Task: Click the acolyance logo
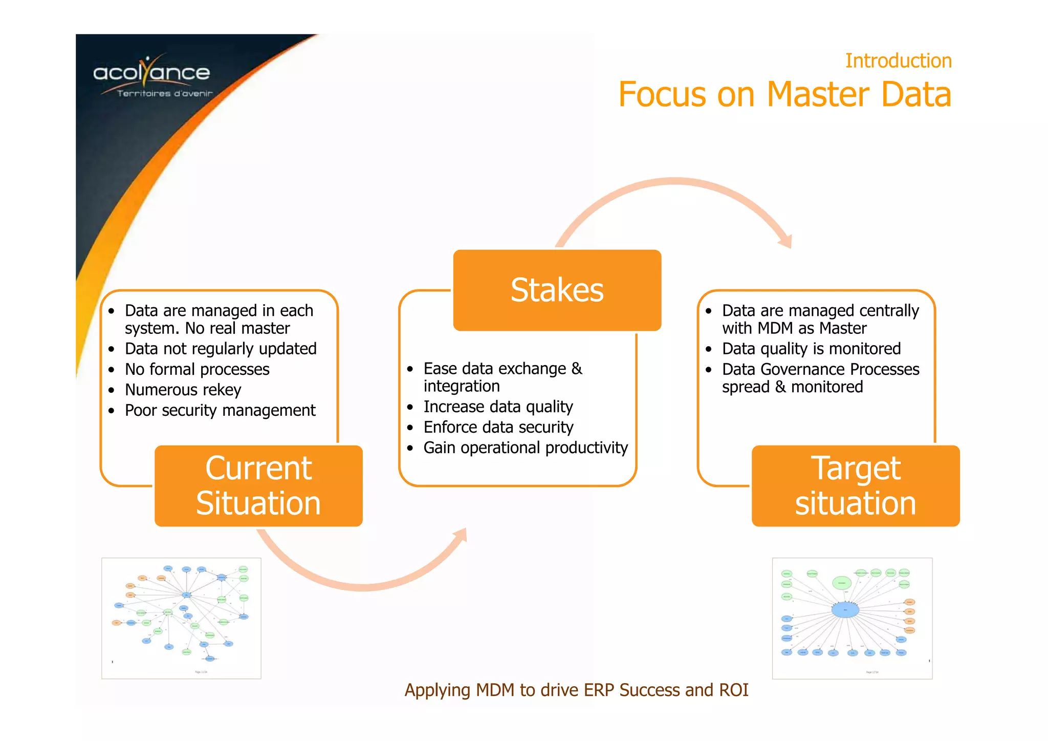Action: [x=151, y=76]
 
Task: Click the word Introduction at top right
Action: [x=898, y=60]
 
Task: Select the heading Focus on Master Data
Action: [x=784, y=95]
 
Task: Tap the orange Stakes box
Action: [x=557, y=290]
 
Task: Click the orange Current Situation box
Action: [x=258, y=485]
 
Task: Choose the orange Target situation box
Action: [x=855, y=485]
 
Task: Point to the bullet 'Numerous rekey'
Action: [x=183, y=390]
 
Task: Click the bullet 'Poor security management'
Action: [x=220, y=410]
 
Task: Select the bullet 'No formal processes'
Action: [x=197, y=369]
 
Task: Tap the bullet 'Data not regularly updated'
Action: [x=221, y=349]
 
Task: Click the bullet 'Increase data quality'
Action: [x=498, y=407]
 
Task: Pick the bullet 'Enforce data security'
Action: [x=498, y=427]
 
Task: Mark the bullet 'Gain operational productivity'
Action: [x=526, y=448]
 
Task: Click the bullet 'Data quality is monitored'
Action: [x=811, y=349]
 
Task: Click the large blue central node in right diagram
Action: [x=845, y=610]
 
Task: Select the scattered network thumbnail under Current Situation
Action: [x=181, y=618]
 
